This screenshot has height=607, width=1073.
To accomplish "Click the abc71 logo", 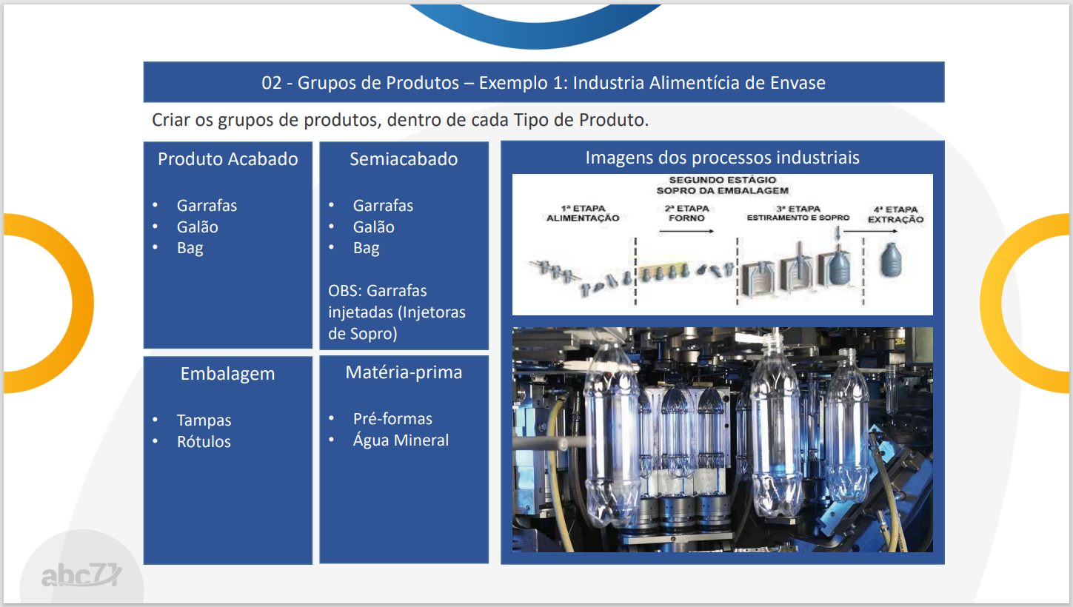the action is pyautogui.click(x=81, y=575).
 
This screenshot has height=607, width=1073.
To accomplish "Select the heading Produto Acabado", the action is pyautogui.click(x=228, y=159).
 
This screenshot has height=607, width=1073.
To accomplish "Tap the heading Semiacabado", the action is pyautogui.click(x=404, y=159).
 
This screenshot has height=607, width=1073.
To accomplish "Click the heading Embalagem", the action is pyautogui.click(x=228, y=374).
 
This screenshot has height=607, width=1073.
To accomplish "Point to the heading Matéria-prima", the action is pyautogui.click(x=404, y=372).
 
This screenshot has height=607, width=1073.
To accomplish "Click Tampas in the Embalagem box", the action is pyautogui.click(x=204, y=420).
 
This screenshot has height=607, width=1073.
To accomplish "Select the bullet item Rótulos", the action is pyautogui.click(x=204, y=441).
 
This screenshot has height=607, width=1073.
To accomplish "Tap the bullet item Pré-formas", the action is pyautogui.click(x=392, y=419).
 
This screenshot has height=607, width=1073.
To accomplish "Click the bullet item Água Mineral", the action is pyautogui.click(x=401, y=440).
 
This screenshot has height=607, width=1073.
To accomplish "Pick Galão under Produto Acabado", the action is pyautogui.click(x=198, y=227).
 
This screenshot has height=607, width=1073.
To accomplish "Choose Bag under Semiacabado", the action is pyautogui.click(x=367, y=249).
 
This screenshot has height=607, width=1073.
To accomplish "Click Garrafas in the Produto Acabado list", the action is pyautogui.click(x=207, y=206).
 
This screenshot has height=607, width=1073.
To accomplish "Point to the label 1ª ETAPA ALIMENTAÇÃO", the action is pyautogui.click(x=583, y=213).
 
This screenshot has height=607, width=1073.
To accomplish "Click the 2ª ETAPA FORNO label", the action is pyautogui.click(x=687, y=213).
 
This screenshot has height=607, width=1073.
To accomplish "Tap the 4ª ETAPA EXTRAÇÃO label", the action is pyautogui.click(x=896, y=215).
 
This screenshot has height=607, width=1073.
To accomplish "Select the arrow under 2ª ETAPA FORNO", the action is pyautogui.click(x=686, y=232).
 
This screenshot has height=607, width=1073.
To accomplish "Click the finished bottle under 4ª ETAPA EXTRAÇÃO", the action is pyautogui.click(x=892, y=261).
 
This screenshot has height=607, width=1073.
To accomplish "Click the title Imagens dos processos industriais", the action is pyautogui.click(x=722, y=158).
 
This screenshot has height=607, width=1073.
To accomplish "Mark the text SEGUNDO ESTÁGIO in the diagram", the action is pyautogui.click(x=722, y=180).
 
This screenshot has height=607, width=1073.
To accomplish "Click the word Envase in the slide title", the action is pyautogui.click(x=798, y=83).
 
